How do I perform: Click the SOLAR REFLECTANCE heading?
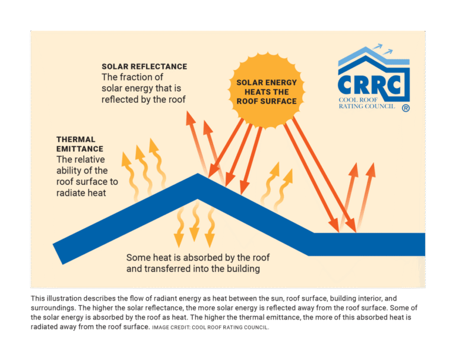pos(144,67)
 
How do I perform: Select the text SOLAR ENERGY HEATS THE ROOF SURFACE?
pos(267,92)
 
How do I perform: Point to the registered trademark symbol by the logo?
pos(406,108)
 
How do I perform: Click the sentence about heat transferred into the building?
pos(194,263)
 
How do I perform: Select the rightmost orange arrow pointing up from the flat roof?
pos(369,190)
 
